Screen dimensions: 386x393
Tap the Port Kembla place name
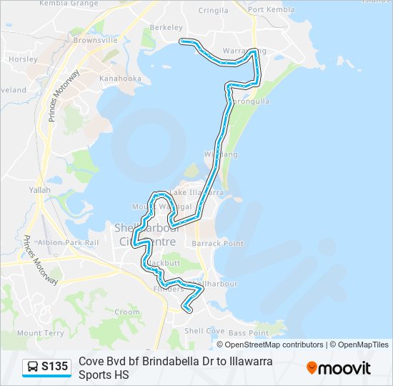click(x=272, y=10)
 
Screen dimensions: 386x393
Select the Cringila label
click(x=213, y=11)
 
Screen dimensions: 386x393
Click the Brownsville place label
click(x=94, y=41)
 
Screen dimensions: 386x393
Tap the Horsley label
click(x=24, y=59)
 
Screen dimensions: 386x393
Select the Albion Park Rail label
click(x=67, y=242)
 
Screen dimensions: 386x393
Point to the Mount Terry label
click(x=40, y=333)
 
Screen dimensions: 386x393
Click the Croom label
click(x=128, y=312)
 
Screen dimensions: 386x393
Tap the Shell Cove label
click(x=204, y=331)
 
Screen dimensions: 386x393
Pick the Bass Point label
click(x=249, y=333)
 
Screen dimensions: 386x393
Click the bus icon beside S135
click(x=33, y=367)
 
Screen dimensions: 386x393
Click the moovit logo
click(x=339, y=367)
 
